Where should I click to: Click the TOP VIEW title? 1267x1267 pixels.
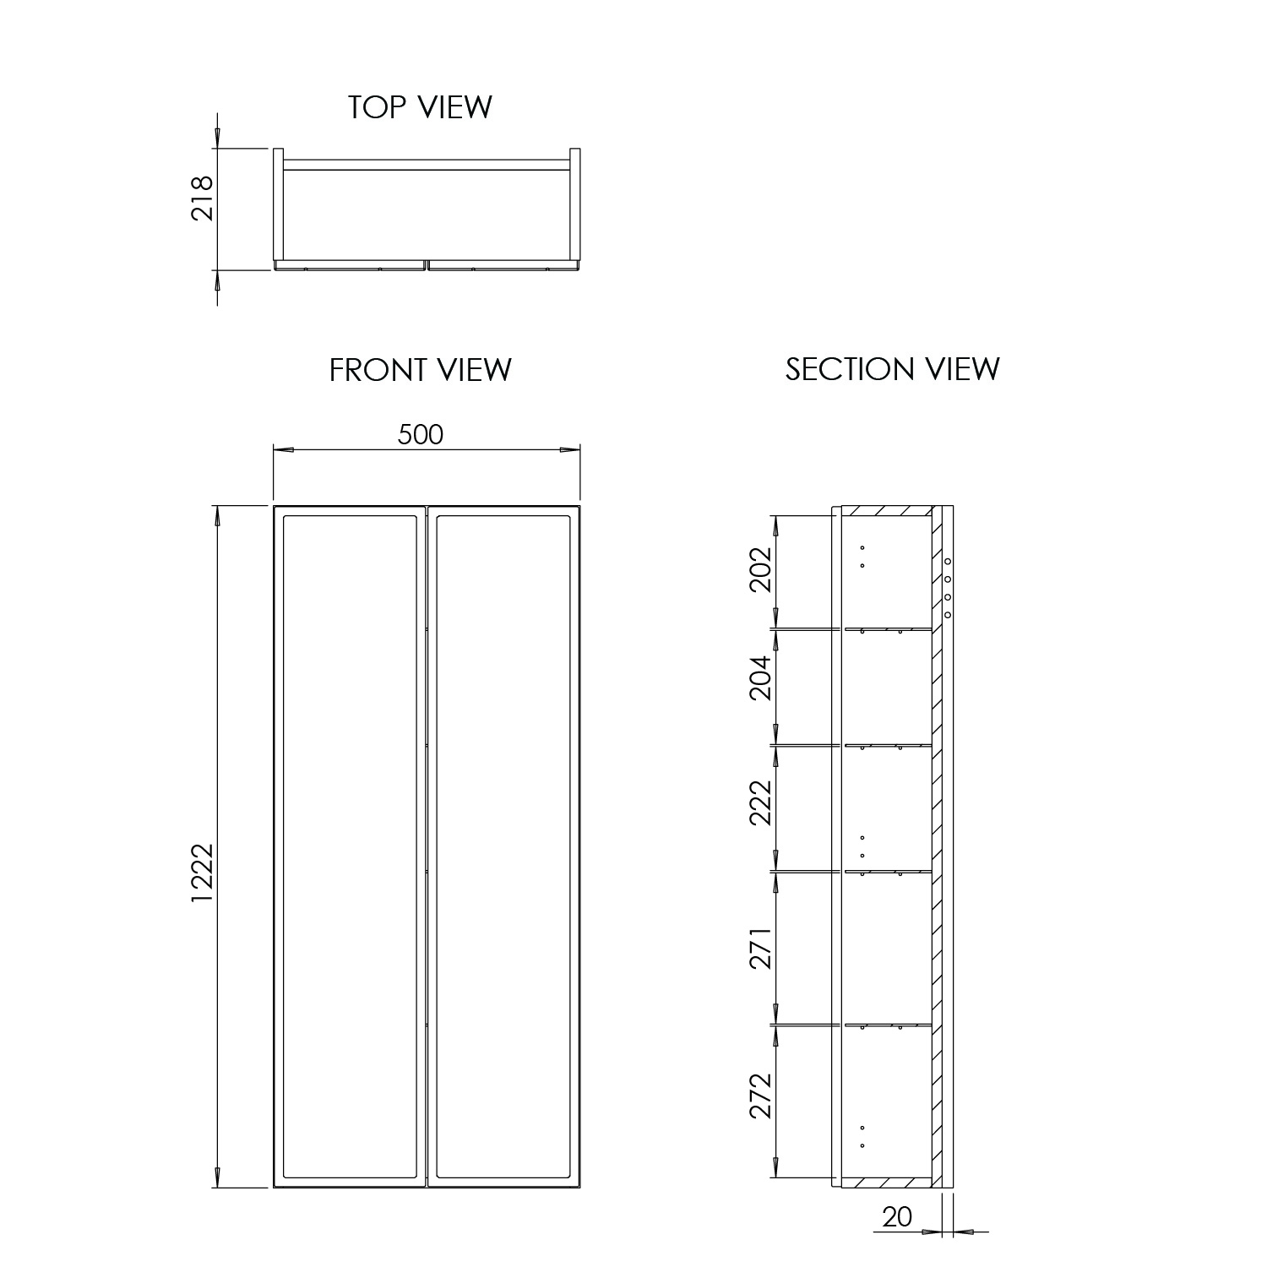420,107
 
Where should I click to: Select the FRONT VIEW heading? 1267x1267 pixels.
420,370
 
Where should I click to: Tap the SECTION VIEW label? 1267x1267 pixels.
892,369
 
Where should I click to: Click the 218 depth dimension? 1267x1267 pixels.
203,198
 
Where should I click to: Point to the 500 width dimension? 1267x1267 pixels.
420,434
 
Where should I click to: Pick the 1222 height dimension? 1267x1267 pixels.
203,873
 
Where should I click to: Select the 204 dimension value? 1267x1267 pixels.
761,677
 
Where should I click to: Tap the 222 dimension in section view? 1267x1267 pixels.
761,802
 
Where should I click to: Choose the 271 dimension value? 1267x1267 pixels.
761,948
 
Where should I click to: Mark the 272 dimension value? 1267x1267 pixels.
761,1096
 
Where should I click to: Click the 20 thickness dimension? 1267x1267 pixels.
897,1217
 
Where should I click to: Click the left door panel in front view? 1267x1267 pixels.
350,845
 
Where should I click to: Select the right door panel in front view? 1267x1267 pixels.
502,845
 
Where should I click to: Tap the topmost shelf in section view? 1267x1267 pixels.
887,628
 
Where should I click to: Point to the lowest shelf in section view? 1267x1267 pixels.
887,1025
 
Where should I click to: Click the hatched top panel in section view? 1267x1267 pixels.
887,511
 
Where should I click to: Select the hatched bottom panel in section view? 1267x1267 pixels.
887,1182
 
